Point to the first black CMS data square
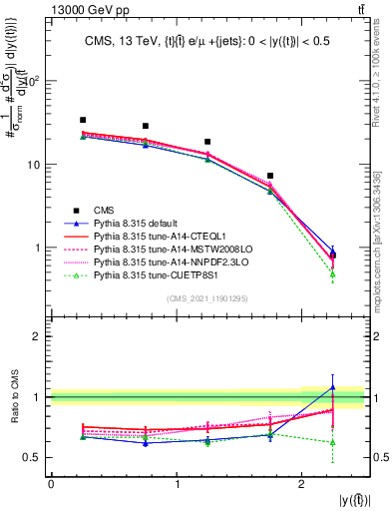pos(83,120)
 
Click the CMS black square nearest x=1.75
pos(270,176)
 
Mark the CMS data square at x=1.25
pos(207,142)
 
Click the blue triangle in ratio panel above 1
pos(333,387)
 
